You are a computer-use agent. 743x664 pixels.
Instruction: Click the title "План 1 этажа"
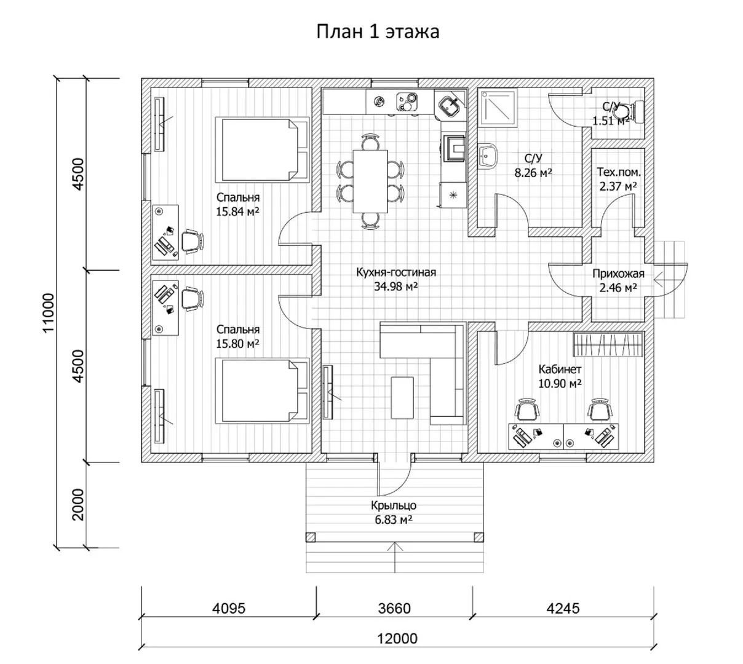pyautogui.click(x=378, y=32)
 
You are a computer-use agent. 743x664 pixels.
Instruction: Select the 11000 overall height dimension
pyautogui.click(x=49, y=313)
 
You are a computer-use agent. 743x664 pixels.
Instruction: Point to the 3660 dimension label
pyautogui.click(x=394, y=609)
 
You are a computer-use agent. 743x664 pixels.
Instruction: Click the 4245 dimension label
pyautogui.click(x=563, y=609)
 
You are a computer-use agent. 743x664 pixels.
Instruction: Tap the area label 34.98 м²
pyautogui.click(x=395, y=286)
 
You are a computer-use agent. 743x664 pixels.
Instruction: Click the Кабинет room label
pyautogui.click(x=560, y=370)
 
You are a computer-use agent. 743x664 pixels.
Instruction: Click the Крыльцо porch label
pyautogui.click(x=394, y=506)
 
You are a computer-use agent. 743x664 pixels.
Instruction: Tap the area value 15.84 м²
pyautogui.click(x=237, y=211)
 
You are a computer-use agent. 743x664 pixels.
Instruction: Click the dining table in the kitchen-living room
pyautogui.click(x=370, y=181)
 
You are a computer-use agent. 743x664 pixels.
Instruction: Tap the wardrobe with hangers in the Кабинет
pyautogui.click(x=608, y=344)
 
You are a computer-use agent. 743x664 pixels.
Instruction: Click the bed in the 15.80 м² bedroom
pyautogui.click(x=261, y=390)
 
